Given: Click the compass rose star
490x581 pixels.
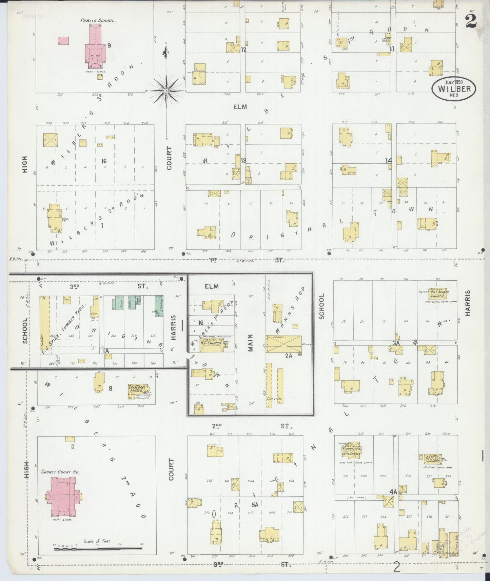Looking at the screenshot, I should coord(166,91).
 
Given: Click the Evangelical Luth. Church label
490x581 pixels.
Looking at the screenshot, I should coord(351,450).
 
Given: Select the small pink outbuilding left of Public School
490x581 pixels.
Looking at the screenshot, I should coord(63,41).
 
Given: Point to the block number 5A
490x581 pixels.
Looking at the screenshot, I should coord(255,504).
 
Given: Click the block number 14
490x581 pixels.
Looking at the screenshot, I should coord(389,160).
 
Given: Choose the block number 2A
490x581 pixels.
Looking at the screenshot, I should coord(288,356).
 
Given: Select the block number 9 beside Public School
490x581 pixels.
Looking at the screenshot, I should coord(109,45).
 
